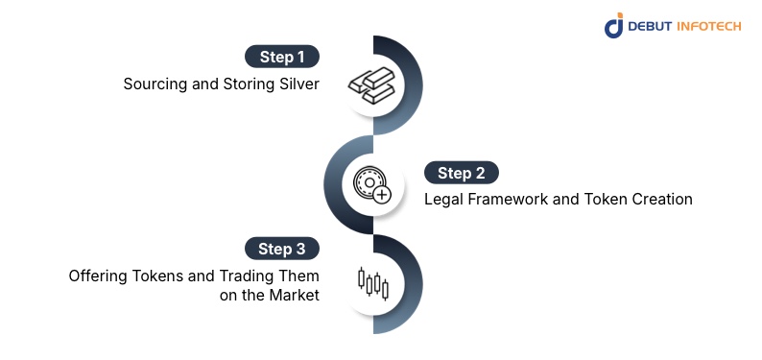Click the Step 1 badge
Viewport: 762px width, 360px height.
[281, 56]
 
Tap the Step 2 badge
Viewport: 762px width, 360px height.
[462, 173]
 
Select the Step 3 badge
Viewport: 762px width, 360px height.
[281, 249]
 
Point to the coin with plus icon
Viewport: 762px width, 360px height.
[371, 184]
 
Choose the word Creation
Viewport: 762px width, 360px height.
[662, 200]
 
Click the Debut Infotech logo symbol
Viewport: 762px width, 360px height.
[614, 26]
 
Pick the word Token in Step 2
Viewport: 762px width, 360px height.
[602, 200]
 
